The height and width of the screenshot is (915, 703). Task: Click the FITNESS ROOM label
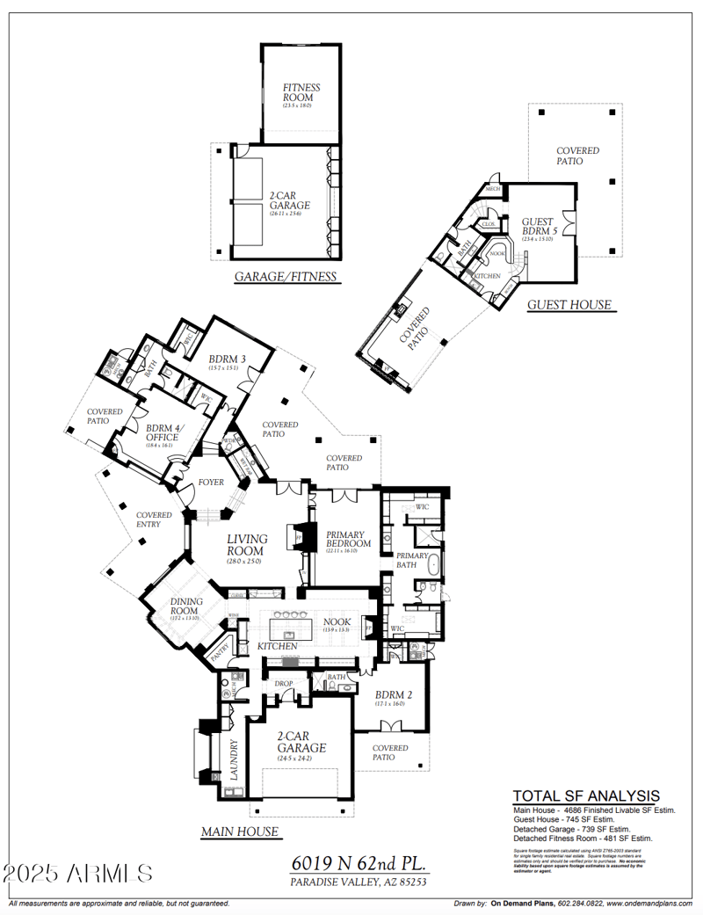301,93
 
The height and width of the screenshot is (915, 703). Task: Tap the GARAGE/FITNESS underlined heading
286,277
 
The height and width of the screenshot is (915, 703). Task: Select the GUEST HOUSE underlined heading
569,305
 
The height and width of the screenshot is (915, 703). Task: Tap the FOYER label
211,483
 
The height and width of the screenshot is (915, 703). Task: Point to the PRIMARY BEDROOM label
349,539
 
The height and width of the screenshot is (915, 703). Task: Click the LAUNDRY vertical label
235,759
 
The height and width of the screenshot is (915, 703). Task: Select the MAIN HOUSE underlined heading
240,831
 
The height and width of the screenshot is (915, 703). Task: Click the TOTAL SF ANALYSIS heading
586,796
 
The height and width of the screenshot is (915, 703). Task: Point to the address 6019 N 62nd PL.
359,864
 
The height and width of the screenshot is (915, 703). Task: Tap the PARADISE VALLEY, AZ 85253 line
359,882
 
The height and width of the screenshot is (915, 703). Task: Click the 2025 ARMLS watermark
77,873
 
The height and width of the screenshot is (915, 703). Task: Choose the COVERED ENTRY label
154,520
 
